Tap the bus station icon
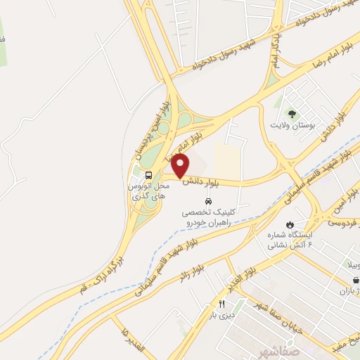coord(148,175)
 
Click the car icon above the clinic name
coord(207,201)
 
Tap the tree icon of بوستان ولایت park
coord(290,112)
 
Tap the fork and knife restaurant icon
coord(222,304)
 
